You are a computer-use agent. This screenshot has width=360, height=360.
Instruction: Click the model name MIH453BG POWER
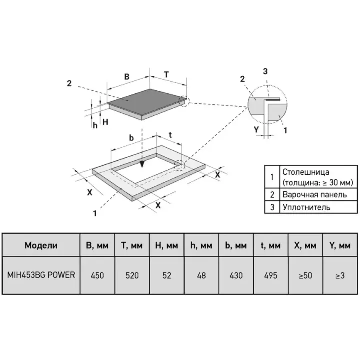coord(41,275)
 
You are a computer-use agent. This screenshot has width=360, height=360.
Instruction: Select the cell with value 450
coord(97,275)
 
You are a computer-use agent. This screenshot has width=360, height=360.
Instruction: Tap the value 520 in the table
coord(132,275)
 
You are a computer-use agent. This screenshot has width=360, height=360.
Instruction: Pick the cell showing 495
coord(271,275)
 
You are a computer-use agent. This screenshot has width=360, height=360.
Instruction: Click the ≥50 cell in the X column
coord(305,275)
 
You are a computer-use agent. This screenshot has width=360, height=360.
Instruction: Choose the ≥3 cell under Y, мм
coord(340,275)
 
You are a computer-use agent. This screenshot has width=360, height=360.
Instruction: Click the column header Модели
coord(41,245)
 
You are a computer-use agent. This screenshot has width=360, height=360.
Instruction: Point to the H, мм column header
coord(167,245)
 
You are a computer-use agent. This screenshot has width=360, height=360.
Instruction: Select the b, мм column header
coord(236,245)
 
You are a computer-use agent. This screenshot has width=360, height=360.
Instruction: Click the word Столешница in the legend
coord(306,172)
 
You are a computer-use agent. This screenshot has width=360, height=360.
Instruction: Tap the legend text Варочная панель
coord(315,194)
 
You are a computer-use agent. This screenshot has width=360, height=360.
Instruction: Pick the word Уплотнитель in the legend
coord(306,207)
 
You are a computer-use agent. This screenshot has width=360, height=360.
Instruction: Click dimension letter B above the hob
coord(127,77)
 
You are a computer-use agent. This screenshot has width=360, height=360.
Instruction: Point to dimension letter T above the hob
coord(166,74)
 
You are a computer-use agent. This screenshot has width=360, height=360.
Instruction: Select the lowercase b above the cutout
coord(131,138)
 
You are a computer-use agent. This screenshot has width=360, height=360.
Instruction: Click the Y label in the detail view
coord(256,130)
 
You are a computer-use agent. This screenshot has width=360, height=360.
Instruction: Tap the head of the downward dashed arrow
coord(142,164)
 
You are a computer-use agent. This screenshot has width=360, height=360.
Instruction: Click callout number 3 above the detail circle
coord(265,71)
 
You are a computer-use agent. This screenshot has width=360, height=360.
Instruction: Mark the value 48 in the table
coord(201,275)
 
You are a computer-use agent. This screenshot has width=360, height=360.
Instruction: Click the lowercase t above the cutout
coord(170,135)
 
